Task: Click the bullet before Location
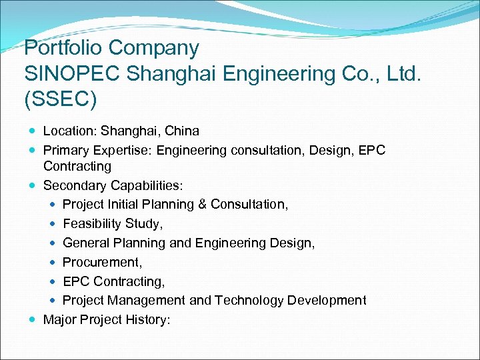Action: click(33, 131)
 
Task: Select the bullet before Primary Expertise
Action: click(33, 151)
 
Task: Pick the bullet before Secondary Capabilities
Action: click(33, 186)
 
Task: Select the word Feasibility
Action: click(93, 223)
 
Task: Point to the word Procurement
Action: click(100, 262)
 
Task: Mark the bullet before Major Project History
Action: click(33, 320)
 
